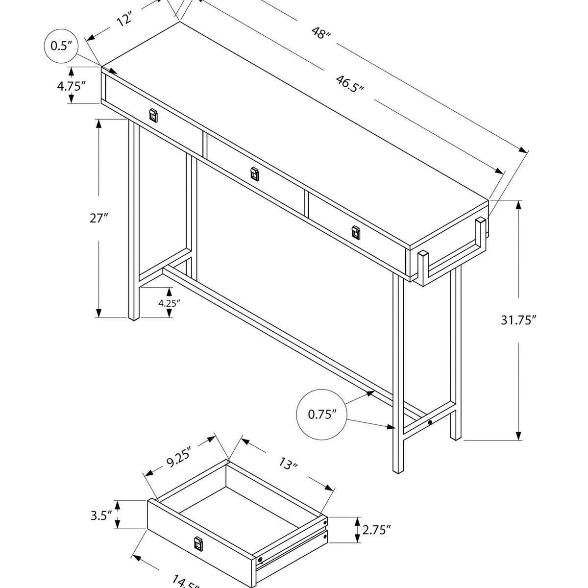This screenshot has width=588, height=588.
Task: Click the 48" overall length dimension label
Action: [x=321, y=34]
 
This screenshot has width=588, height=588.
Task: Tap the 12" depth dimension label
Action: [x=125, y=20]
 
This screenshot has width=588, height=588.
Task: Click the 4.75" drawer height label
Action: [x=71, y=86]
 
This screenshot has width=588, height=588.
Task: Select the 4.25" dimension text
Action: [x=169, y=303]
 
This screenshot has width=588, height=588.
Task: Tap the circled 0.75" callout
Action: [x=322, y=415]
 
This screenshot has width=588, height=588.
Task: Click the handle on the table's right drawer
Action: [x=356, y=233]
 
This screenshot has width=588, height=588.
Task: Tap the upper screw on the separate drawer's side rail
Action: [x=325, y=524]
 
